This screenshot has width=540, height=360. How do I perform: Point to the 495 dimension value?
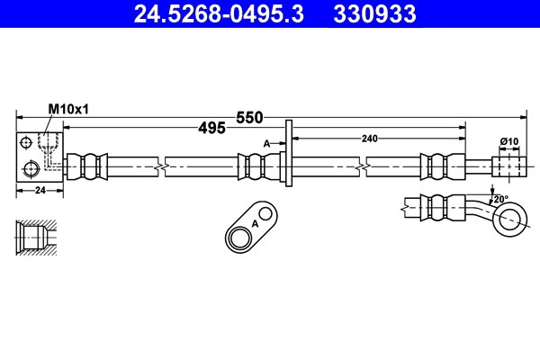211,129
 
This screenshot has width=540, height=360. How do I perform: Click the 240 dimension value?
370,139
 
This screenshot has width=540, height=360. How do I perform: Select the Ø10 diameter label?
509,141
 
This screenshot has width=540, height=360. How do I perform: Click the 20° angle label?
499,199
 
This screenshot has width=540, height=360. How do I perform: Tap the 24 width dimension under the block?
39,190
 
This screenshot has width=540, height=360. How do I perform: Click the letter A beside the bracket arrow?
266,143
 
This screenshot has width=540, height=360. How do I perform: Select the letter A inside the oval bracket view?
255,223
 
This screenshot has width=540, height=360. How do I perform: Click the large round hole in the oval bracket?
240,238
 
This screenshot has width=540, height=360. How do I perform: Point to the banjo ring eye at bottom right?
510,217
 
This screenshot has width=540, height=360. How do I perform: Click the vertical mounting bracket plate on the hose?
288,155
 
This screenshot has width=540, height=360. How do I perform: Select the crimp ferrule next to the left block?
88,166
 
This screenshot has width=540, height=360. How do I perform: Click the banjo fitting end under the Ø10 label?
508,166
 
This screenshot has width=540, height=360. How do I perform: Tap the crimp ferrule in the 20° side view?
439,206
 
